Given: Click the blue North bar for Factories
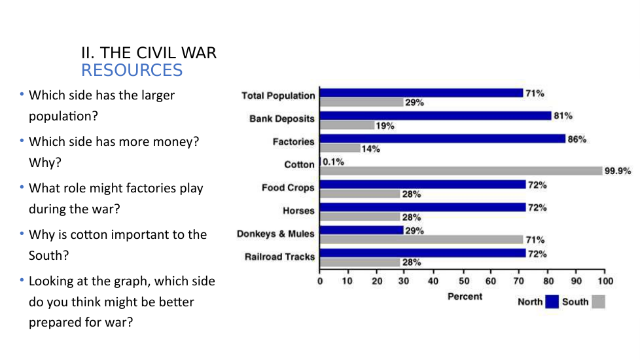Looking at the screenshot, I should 442,139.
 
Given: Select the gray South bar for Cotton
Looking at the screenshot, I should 461,171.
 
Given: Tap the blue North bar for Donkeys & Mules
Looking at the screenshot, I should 362,230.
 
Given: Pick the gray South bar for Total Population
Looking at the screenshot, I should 361,102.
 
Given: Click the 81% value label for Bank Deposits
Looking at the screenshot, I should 563,116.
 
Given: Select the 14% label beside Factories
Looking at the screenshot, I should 371,149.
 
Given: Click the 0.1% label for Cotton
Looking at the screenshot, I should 333,162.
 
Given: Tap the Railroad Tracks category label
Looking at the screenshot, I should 279,257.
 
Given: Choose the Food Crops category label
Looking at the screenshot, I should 288,188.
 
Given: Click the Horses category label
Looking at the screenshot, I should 298,211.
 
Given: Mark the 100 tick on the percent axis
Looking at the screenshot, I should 605,281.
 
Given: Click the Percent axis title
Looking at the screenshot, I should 465,297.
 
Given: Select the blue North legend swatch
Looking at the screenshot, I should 552,302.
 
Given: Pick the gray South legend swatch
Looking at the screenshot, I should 598,302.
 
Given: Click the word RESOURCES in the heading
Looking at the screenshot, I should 132,70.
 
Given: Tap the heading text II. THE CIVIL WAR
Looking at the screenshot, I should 149,53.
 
